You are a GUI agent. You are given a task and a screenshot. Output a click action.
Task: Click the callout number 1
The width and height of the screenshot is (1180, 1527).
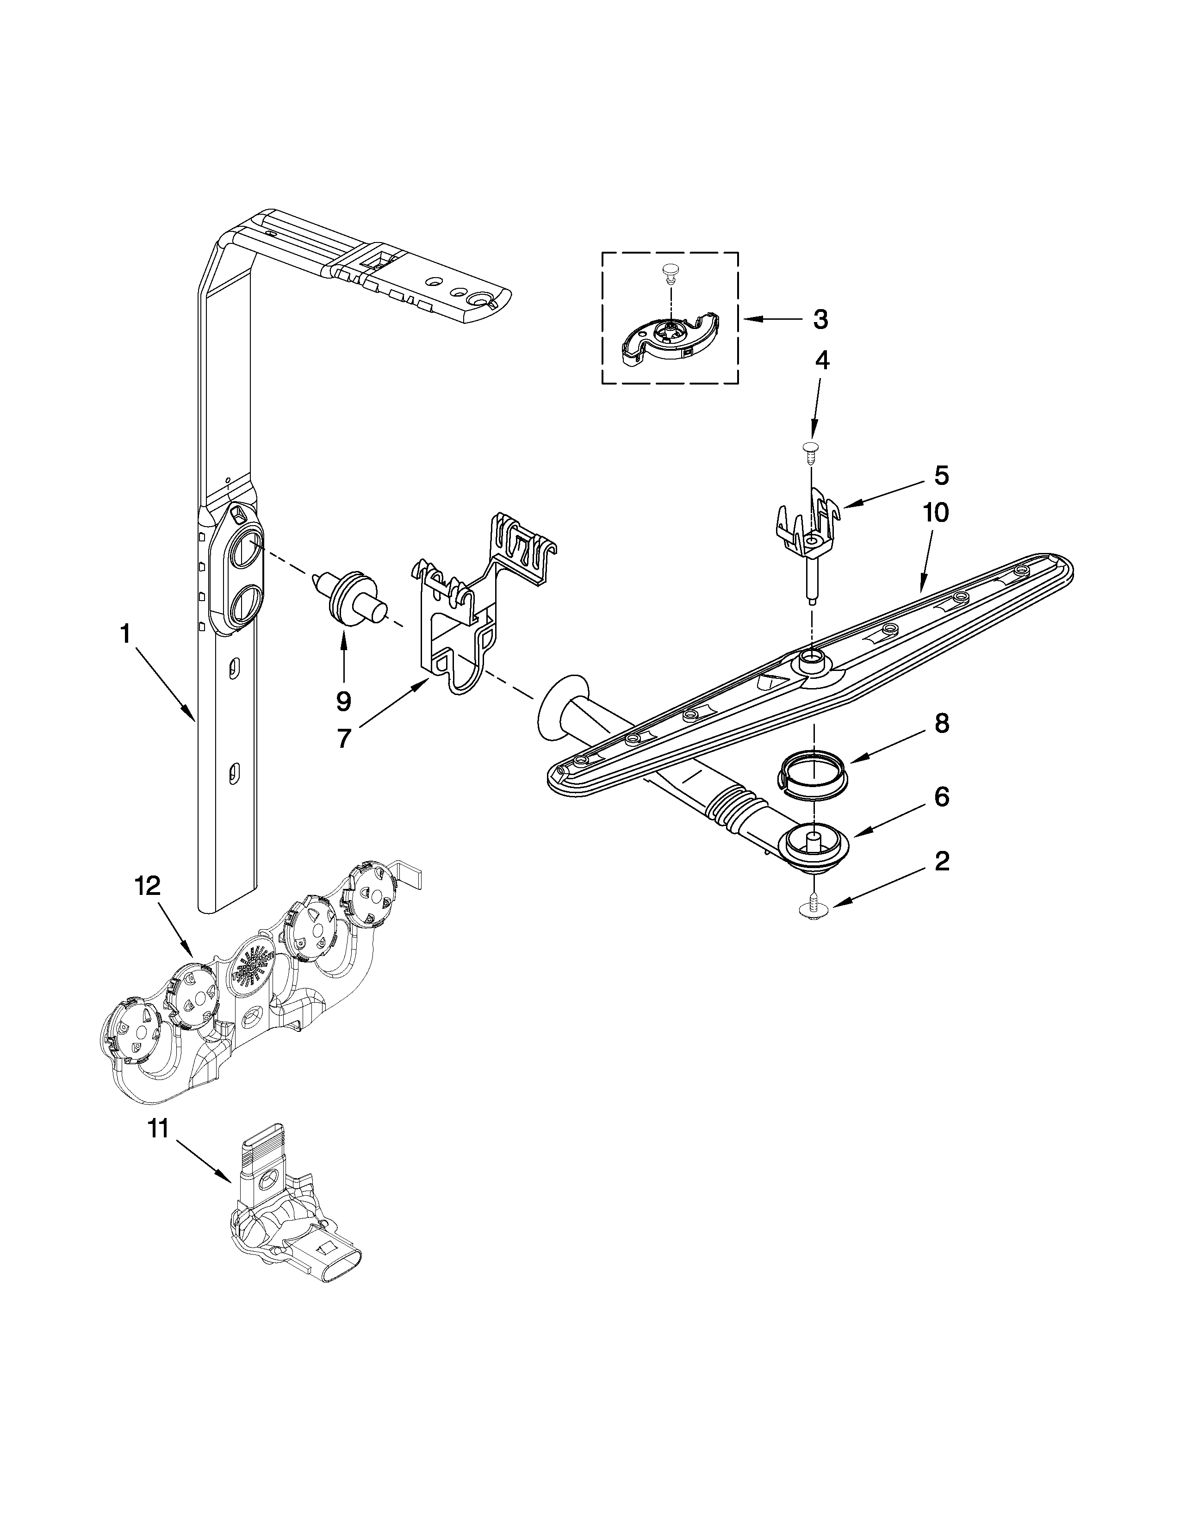125,635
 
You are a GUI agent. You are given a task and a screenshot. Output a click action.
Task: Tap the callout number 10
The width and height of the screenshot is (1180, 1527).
935,513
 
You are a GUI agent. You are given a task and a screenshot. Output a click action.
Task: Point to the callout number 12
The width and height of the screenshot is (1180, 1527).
148,886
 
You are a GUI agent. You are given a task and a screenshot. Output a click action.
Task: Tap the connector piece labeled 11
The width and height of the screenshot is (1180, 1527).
286,1230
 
